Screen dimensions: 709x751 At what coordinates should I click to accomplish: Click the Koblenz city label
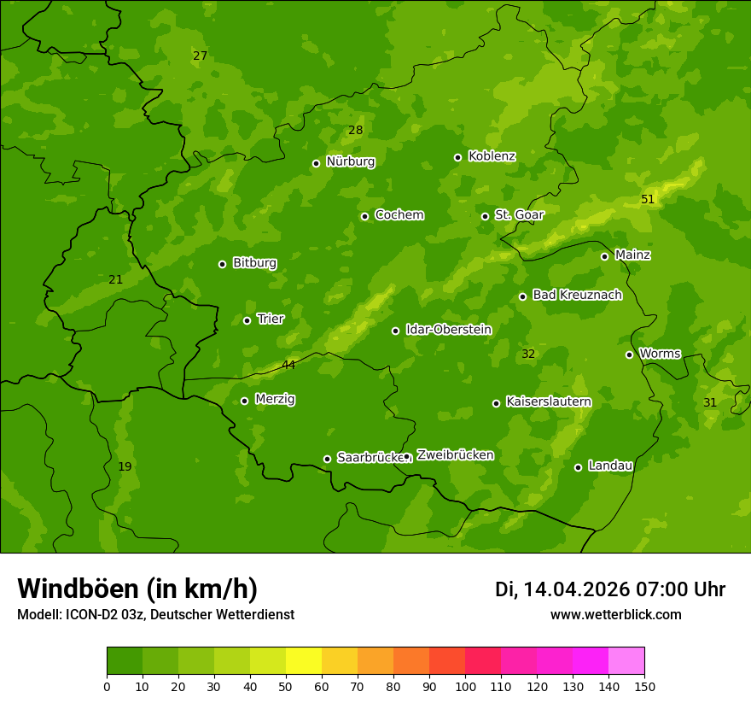pos(492,156)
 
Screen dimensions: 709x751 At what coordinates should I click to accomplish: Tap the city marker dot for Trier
pos(247,320)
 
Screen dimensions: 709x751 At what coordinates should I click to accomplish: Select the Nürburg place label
pos(350,161)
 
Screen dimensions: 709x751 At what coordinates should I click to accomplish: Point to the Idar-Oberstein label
pos(448,330)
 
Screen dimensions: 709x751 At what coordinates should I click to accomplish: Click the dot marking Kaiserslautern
pos(496,403)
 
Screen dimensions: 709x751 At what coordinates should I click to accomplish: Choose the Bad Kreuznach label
pos(577,295)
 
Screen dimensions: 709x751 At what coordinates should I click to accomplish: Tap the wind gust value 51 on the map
pos(648,200)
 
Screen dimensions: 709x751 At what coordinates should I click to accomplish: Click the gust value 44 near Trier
pos(288,365)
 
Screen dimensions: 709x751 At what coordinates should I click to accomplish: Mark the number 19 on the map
pos(125,466)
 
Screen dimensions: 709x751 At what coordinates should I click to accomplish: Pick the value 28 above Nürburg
pos(355,131)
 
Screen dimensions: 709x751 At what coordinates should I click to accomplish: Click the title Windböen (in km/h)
pos(137,589)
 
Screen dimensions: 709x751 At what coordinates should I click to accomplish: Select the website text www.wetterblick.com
pos(615,614)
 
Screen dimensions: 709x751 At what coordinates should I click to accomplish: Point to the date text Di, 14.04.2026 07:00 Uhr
pos(609,589)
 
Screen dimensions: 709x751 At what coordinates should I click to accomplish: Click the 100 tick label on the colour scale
pos(465,686)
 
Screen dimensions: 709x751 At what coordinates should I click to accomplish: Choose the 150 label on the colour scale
pos(644,686)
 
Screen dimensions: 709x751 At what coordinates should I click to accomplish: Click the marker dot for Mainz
pos(604,256)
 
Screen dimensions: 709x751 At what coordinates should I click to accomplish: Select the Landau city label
pos(610,466)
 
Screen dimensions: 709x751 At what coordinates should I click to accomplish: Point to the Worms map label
pos(660,353)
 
